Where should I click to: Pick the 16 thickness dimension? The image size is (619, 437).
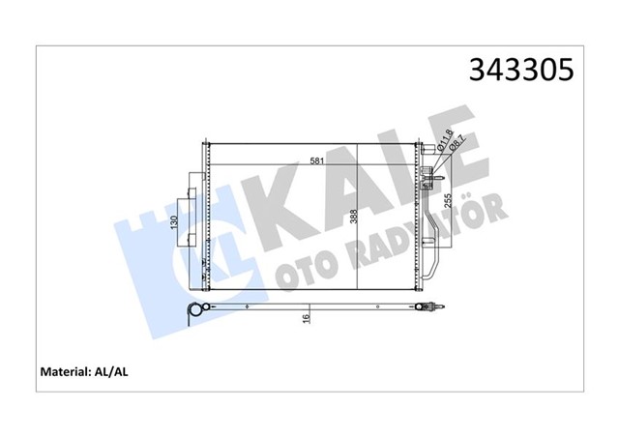pyautogui.click(x=307, y=318)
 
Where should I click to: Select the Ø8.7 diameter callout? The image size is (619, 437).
pyautogui.click(x=452, y=154)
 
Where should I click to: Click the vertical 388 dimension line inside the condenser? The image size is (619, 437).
pyautogui.click(x=359, y=251)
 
